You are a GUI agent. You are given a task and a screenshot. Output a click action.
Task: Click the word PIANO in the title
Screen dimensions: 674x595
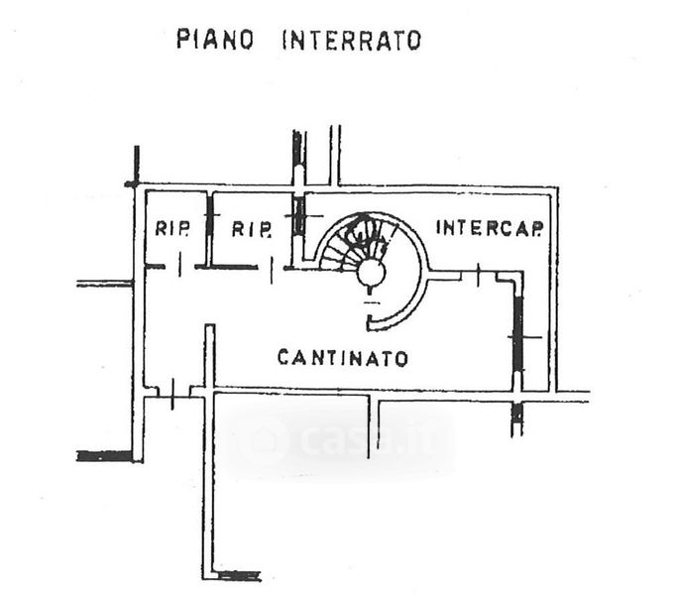[x=215, y=40]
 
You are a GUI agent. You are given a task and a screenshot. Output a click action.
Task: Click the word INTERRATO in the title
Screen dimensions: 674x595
[x=352, y=41]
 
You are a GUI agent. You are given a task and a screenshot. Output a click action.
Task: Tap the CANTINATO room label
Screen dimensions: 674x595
[x=343, y=358]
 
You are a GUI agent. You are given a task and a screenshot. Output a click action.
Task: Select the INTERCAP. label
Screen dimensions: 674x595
[x=490, y=228]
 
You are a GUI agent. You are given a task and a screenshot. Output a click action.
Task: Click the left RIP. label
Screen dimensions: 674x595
[x=171, y=228]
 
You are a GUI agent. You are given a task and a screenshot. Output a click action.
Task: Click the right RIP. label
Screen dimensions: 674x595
[x=252, y=229]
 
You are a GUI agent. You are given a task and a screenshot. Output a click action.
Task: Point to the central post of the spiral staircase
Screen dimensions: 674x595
[x=372, y=273]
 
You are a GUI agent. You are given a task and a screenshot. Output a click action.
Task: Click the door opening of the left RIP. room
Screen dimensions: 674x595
[x=179, y=267]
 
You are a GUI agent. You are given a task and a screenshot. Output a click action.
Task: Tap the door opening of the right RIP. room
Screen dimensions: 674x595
[x=271, y=269]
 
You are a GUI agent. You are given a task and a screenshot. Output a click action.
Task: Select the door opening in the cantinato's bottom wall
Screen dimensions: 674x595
[x=172, y=393]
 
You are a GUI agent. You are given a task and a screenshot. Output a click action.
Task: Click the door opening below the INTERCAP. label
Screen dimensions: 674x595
[x=479, y=274]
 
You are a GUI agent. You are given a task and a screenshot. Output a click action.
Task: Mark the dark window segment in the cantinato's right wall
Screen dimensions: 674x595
[x=518, y=333]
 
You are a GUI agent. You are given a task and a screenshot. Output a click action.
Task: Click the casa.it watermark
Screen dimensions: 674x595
[x=340, y=439]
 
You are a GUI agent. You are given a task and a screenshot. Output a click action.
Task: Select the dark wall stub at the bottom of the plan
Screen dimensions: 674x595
[x=239, y=575]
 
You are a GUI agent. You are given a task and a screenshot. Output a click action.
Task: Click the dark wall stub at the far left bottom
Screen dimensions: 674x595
[x=105, y=456]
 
